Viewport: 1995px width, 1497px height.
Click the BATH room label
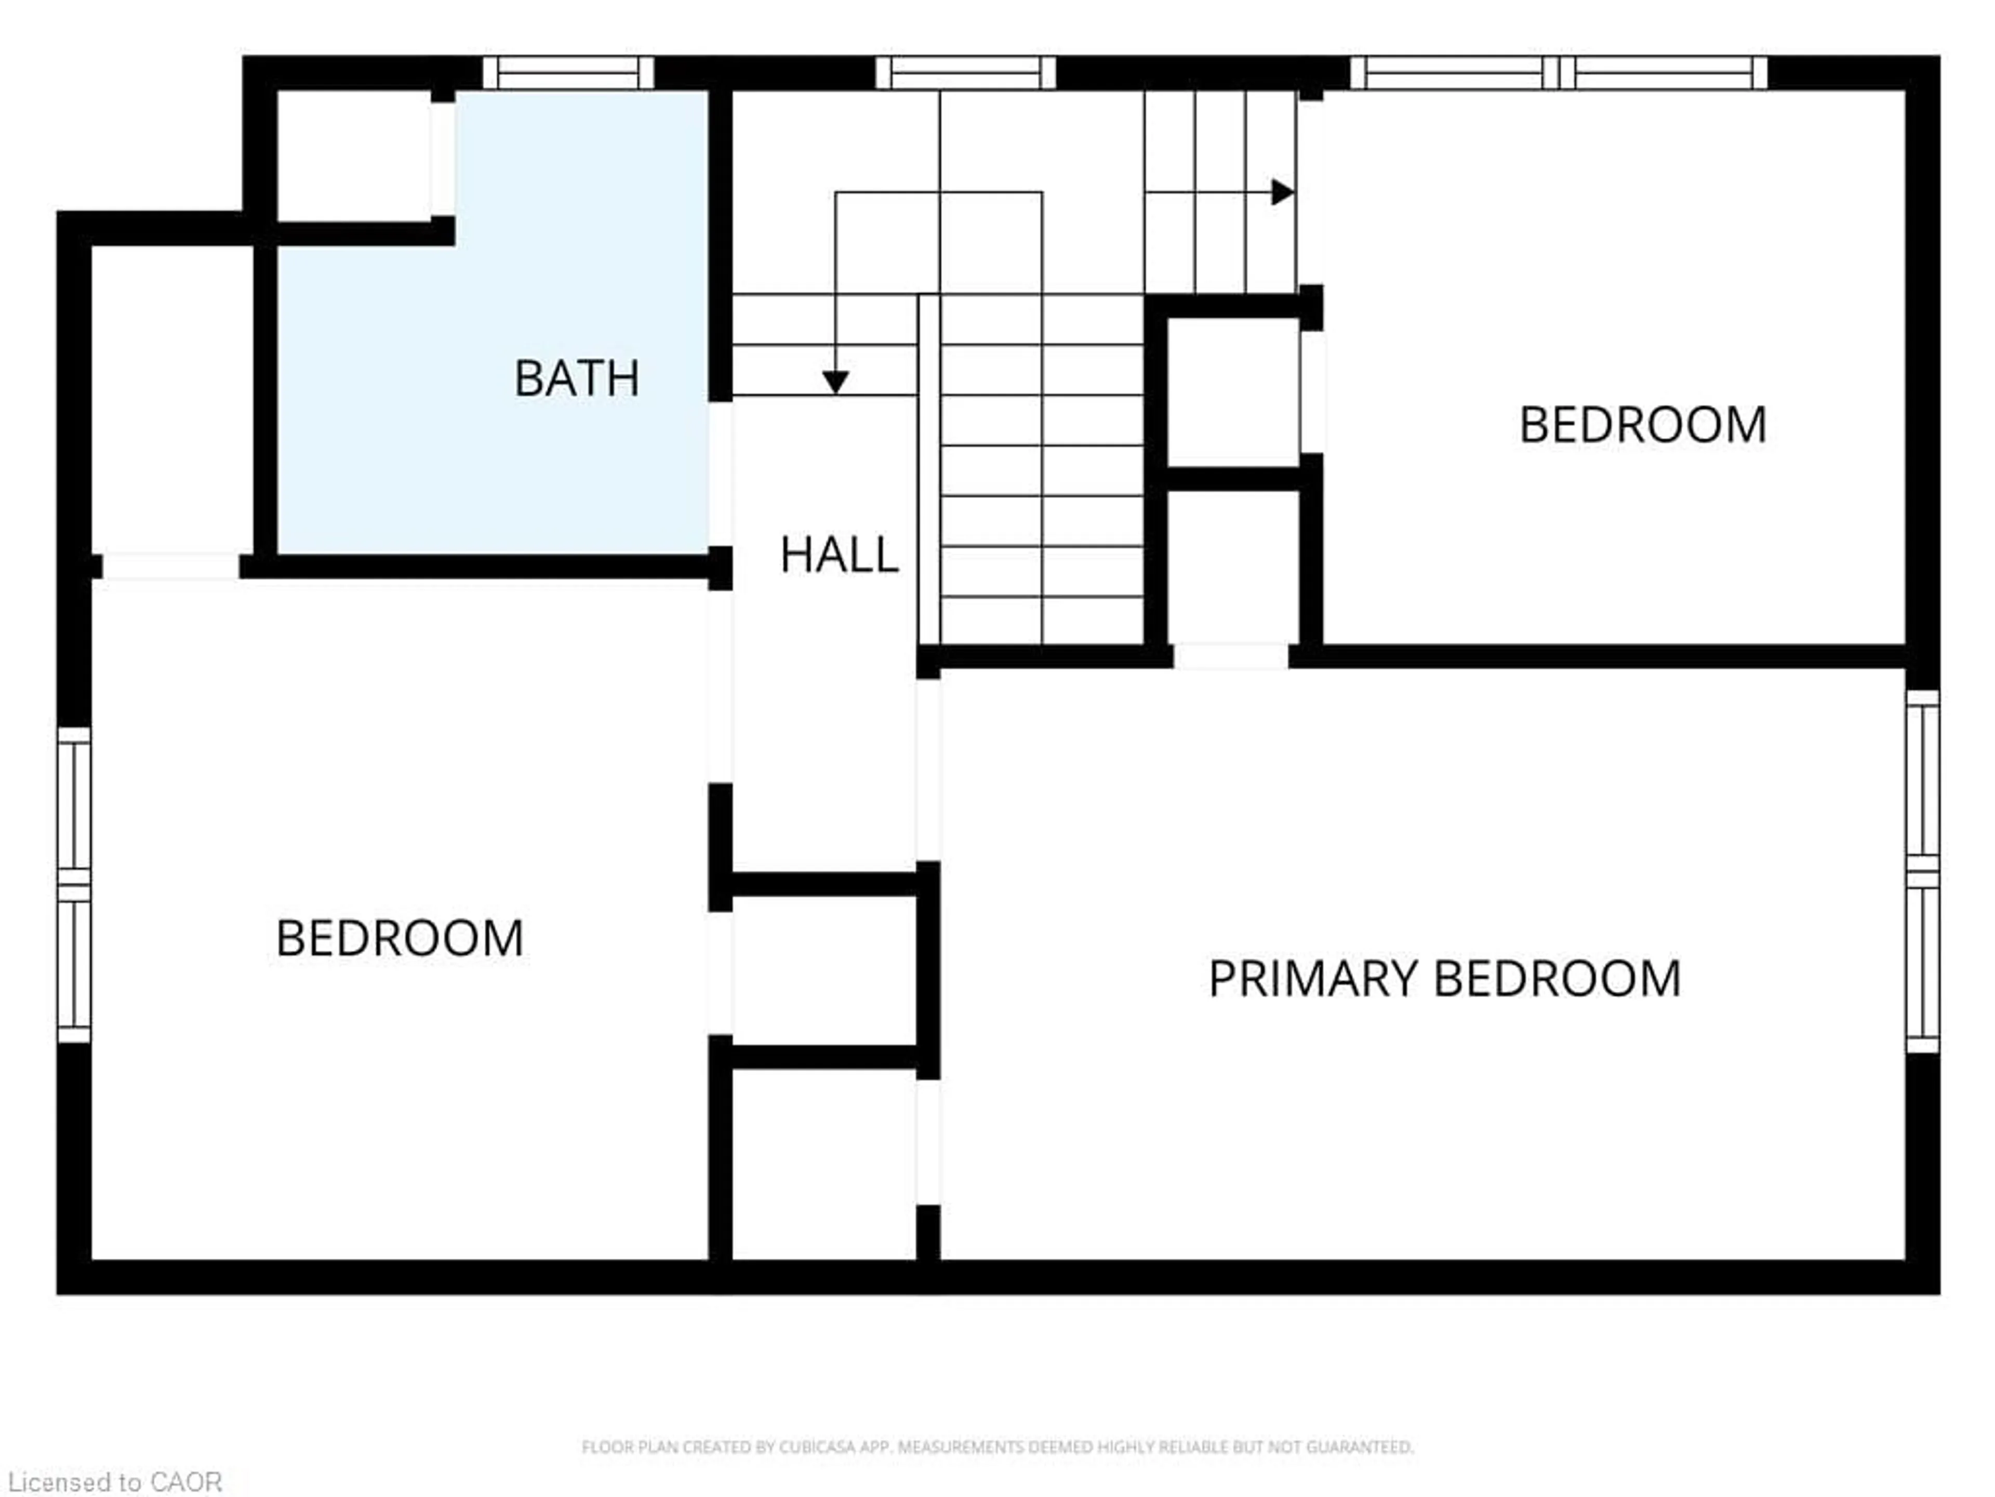(576, 378)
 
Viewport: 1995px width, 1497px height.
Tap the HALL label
(839, 555)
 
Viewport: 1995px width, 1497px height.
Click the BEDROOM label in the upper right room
(1642, 425)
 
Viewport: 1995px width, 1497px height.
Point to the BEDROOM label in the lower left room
(400, 938)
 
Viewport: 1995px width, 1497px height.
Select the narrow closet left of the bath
(171, 397)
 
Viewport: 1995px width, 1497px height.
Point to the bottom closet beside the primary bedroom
(824, 1164)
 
